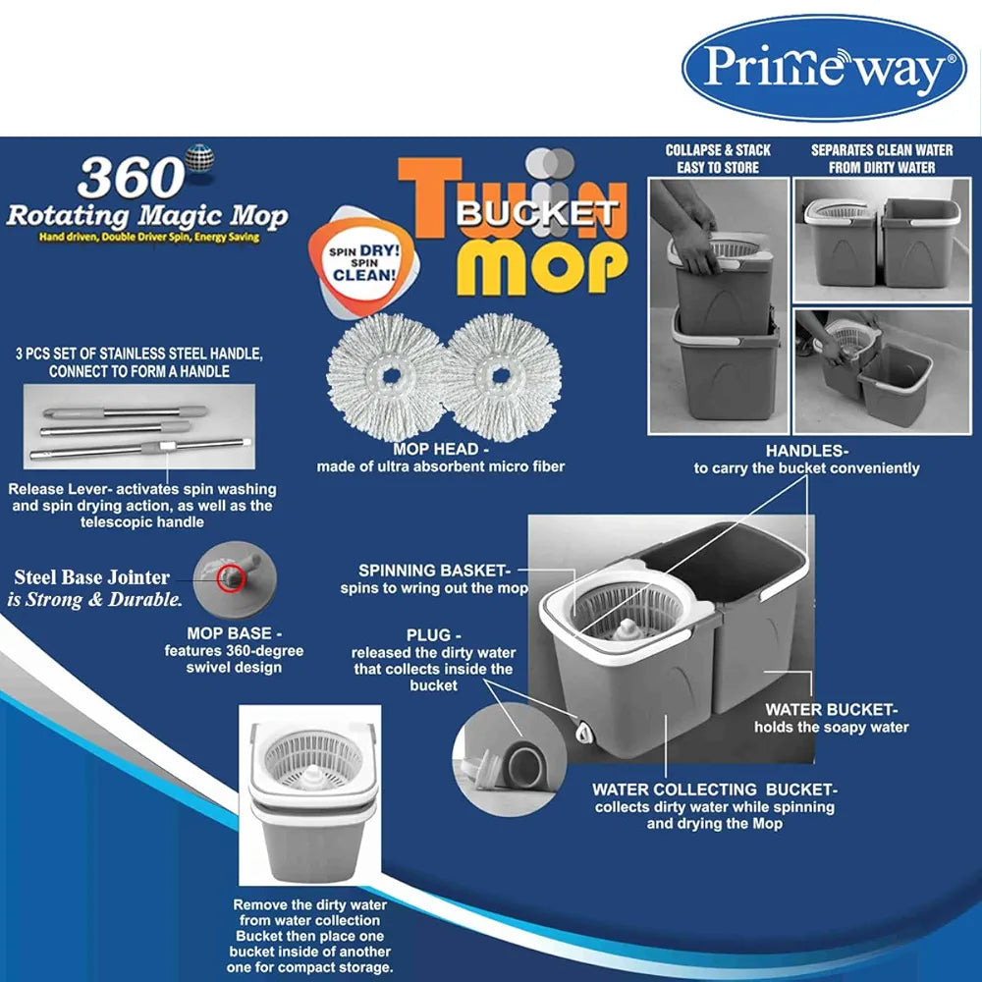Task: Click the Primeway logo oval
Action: coord(824,68)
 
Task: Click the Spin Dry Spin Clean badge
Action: coord(363,263)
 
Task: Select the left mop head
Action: coord(392,376)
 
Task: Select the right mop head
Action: coord(501,376)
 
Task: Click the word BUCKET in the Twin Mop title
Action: coord(536,213)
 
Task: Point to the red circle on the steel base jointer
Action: coord(230,578)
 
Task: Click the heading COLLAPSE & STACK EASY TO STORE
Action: coord(718,159)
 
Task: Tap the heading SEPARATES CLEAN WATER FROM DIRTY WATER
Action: coord(882,159)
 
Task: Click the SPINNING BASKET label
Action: coord(434,579)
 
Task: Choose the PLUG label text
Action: coord(433,660)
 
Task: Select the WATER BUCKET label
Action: coord(831,719)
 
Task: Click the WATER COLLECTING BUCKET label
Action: coord(715,806)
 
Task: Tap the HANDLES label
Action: coord(806,460)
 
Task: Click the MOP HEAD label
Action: coord(440,458)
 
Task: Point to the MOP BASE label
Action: coord(234,650)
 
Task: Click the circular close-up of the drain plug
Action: coord(509,759)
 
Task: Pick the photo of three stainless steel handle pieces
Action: coord(139,426)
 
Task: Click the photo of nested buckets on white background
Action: coord(310,794)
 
